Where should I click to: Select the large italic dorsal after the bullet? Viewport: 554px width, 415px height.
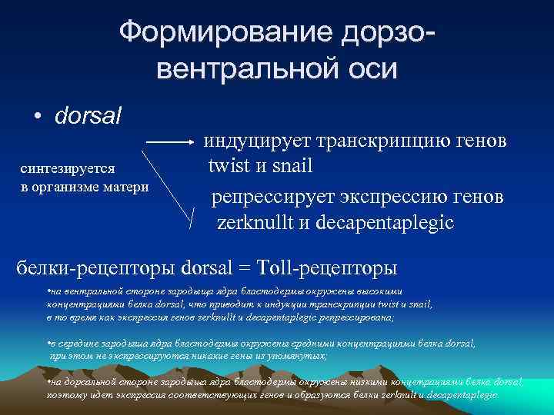click(88, 118)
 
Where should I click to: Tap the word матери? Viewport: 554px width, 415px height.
click(128, 188)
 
